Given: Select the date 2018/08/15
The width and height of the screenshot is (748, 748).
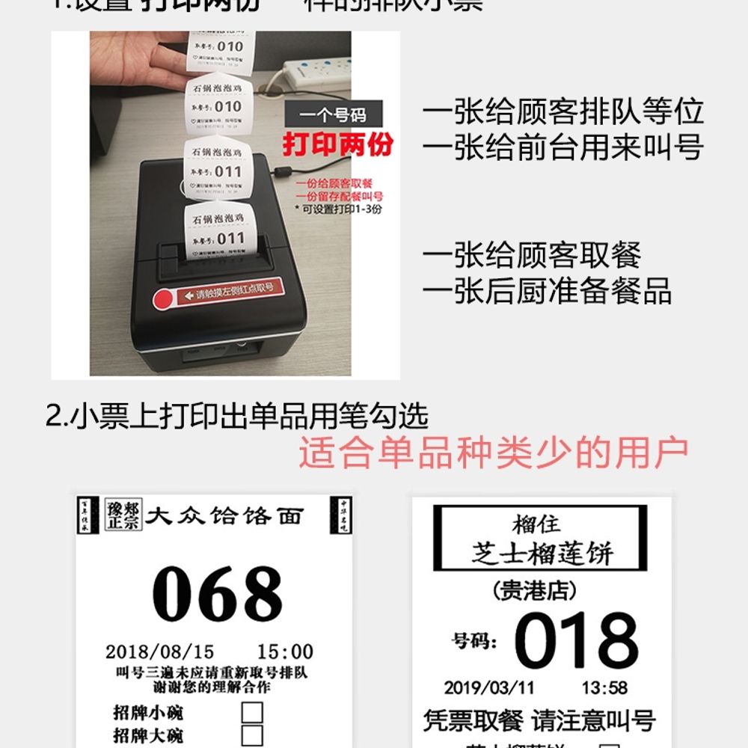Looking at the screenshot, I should pyautogui.click(x=159, y=652).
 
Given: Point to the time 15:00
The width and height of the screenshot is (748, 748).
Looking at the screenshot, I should pyautogui.click(x=285, y=652).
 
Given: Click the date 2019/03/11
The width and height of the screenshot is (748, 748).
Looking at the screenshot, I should pyautogui.click(x=489, y=687).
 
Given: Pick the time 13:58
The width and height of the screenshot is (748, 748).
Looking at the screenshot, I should pyautogui.click(x=604, y=687).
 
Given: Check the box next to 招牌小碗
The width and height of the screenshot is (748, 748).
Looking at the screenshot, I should pyautogui.click(x=252, y=712).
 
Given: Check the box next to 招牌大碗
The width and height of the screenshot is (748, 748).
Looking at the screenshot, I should pyautogui.click(x=252, y=735).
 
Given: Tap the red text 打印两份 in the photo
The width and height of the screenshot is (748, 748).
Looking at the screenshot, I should pyautogui.click(x=337, y=144).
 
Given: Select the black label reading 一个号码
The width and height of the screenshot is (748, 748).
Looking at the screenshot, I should pyautogui.click(x=334, y=115).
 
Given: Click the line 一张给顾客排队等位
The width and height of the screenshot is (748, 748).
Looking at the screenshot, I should pyautogui.click(x=562, y=112).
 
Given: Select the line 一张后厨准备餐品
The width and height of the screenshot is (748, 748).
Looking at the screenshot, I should pyautogui.click(x=547, y=291).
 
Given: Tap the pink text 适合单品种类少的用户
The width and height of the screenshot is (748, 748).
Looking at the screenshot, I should pyautogui.click(x=494, y=453).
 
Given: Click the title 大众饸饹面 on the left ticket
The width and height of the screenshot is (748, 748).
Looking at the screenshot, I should pyautogui.click(x=224, y=516).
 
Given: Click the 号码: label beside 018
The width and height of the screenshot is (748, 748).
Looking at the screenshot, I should pyautogui.click(x=473, y=641).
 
